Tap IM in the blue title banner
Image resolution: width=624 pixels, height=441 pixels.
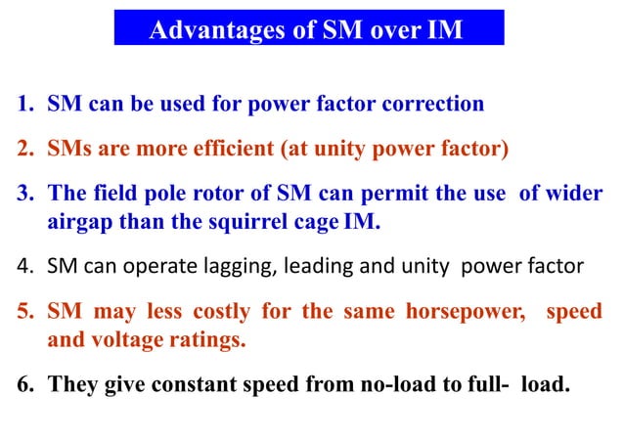tap(444, 30)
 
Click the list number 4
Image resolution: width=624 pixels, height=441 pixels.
tap(22, 266)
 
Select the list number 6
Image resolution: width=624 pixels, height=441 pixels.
tap(22, 383)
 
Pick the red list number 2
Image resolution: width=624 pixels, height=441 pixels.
tap(22, 150)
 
